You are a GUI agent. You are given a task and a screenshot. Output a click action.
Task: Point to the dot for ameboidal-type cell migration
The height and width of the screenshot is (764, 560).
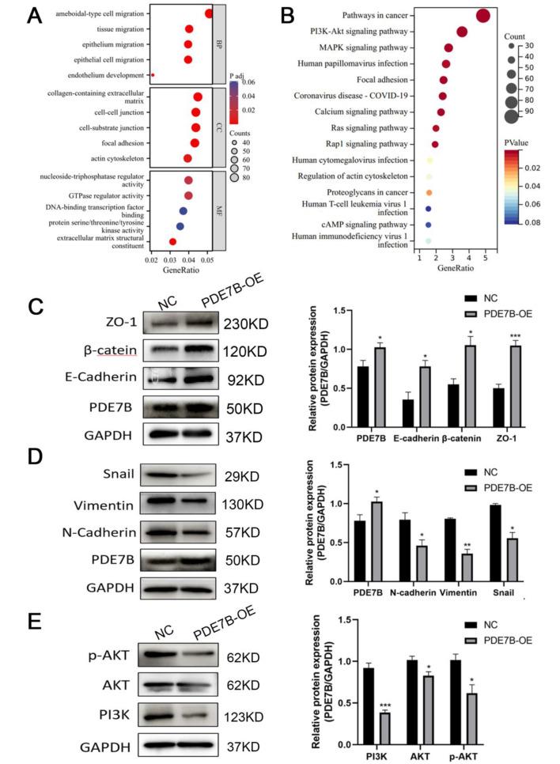[x=209, y=13]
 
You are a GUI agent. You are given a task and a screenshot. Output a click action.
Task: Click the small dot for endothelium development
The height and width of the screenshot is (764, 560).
[x=153, y=75]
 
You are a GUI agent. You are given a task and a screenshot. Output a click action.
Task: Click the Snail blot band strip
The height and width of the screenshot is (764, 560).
[x=182, y=475]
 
